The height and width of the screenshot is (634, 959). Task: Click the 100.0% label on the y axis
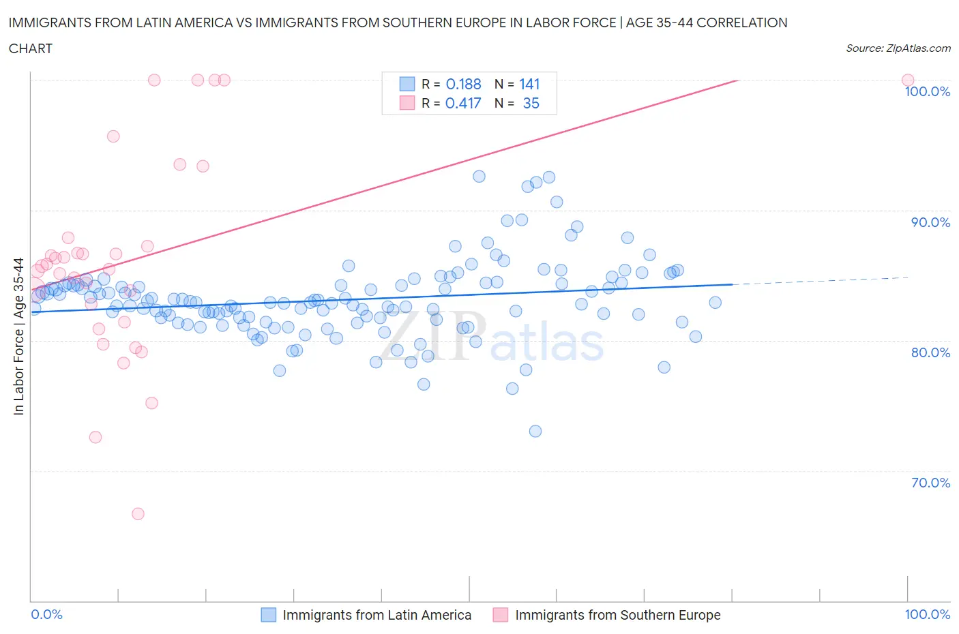pos(927,92)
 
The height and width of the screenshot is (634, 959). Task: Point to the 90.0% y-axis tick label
pos(930,222)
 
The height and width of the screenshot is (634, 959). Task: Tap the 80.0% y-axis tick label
pos(930,352)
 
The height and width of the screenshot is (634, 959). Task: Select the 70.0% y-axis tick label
pos(930,483)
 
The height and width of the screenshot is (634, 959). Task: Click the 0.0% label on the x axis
pos(46,614)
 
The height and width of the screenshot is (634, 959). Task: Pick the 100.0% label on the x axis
pos(927,614)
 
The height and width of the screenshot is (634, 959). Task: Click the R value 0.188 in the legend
pos(463,84)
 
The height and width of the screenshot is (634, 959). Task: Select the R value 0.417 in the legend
pos(463,103)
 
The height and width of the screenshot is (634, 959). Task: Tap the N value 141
pos(529,84)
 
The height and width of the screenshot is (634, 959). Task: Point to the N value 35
pos(531,103)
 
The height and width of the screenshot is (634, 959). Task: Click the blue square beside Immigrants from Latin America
pos(269,615)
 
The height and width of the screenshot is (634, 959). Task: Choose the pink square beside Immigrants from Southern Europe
pos(501,615)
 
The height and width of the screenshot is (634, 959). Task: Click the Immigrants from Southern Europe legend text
pos(617,615)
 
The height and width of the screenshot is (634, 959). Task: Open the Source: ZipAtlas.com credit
pos(898,48)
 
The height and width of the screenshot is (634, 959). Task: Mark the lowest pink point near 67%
pos(138,513)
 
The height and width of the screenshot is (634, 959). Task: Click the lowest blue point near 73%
pos(535,431)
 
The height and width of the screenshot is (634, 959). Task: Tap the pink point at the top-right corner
pos(908,80)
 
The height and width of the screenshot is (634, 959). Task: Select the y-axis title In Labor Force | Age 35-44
pos(18,336)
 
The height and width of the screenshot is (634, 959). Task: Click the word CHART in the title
pos(31,48)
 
